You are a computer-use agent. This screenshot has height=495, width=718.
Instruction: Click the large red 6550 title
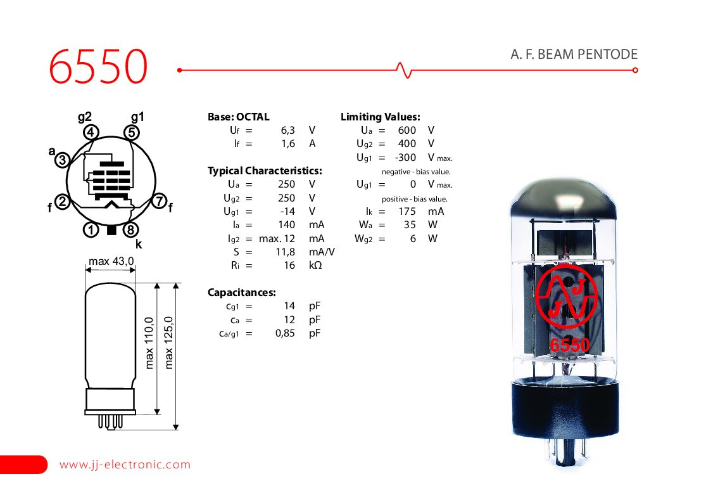98,67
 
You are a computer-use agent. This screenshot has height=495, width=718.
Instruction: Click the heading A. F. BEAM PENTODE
574,55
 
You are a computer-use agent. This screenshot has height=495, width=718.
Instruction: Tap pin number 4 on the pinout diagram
91,132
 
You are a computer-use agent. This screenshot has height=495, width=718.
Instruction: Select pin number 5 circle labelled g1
132,132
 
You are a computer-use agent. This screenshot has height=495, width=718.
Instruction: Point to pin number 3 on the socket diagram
63,160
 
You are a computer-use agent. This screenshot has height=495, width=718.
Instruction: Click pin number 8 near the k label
131,229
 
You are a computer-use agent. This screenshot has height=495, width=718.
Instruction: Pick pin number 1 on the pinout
91,229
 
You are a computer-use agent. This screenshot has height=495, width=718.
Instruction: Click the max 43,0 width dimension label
111,261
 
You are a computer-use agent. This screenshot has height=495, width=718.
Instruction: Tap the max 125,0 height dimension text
169,342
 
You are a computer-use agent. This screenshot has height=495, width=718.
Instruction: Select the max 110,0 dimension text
149,342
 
